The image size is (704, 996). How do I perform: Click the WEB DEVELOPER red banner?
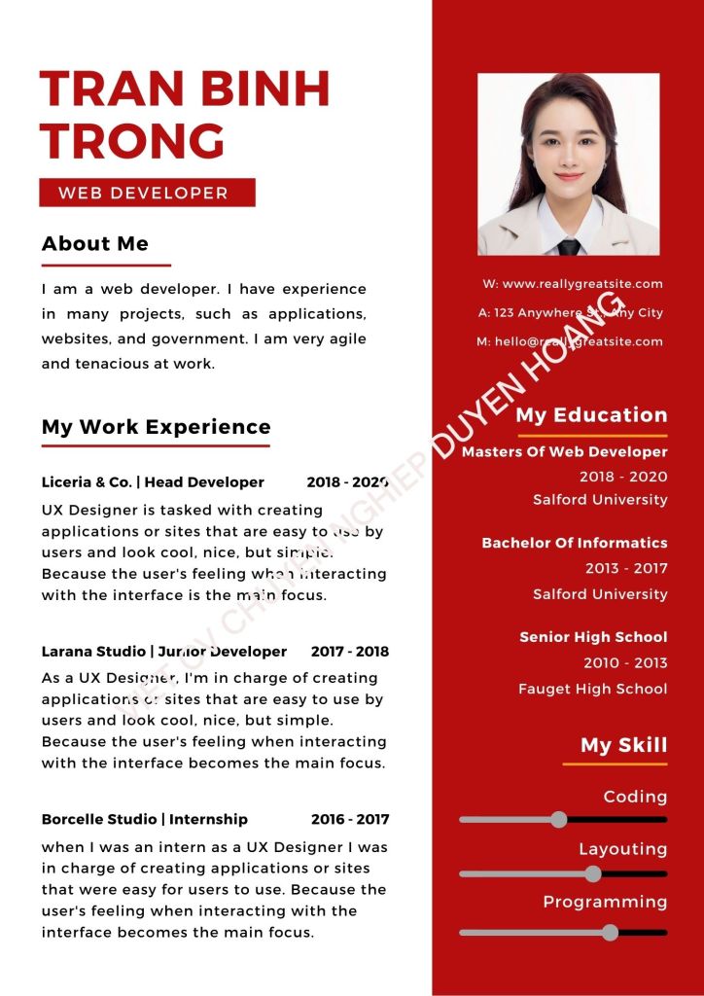147,193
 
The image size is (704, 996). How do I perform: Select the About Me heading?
95,243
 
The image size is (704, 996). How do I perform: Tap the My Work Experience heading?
156,427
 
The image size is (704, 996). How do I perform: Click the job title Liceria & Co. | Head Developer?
153,482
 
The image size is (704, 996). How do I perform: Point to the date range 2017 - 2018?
350,652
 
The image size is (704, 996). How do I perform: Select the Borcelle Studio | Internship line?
144,820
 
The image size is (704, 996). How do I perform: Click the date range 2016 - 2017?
350,820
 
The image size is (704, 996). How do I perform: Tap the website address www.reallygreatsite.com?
581,284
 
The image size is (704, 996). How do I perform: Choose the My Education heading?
591,415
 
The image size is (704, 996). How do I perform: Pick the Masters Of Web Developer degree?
564,452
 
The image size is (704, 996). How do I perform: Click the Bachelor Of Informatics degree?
575,543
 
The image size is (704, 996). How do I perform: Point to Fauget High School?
592,689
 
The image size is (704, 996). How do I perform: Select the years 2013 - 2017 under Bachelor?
626,568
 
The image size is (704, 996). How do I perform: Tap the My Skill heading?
623,746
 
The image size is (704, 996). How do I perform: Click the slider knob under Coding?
559,819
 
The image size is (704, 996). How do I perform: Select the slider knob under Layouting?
593,873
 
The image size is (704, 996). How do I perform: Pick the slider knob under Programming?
610,932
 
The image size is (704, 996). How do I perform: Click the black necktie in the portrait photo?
569,246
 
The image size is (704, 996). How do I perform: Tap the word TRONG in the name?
133,140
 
